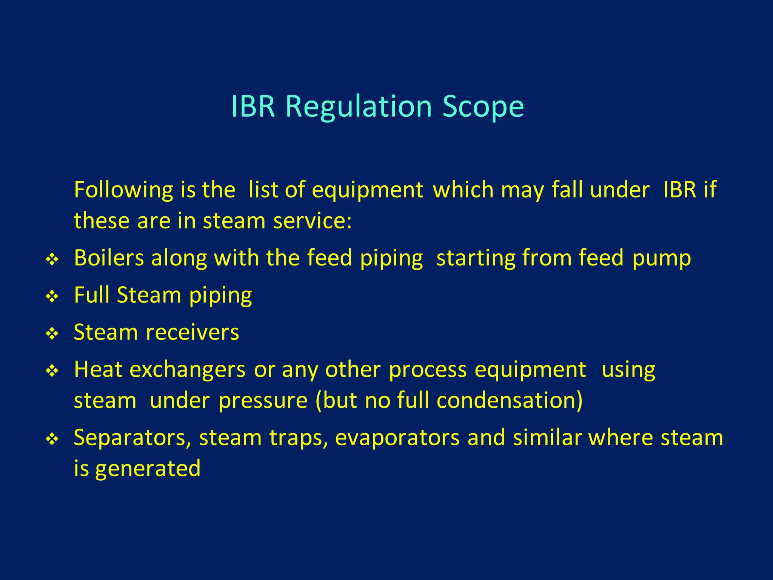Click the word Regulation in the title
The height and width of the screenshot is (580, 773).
[358, 107]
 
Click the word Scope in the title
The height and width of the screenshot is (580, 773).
[483, 107]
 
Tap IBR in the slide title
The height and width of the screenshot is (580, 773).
[253, 107]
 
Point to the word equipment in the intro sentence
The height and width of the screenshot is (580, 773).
[367, 190]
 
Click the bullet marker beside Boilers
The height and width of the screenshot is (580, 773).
[52, 259]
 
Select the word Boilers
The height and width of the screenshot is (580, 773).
[109, 258]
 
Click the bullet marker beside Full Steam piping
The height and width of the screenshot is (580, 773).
[52, 296]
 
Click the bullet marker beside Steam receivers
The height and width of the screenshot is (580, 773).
[52, 334]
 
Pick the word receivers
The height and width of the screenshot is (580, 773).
[192, 333]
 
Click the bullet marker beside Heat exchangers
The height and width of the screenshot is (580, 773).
[52, 371]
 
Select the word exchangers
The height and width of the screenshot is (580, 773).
[188, 370]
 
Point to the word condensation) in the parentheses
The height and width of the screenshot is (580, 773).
[510, 401]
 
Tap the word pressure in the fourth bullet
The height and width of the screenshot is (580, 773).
[263, 401]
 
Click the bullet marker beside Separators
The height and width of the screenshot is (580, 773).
[52, 439]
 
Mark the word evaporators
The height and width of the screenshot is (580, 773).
[397, 438]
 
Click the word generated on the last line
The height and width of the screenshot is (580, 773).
[148, 469]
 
